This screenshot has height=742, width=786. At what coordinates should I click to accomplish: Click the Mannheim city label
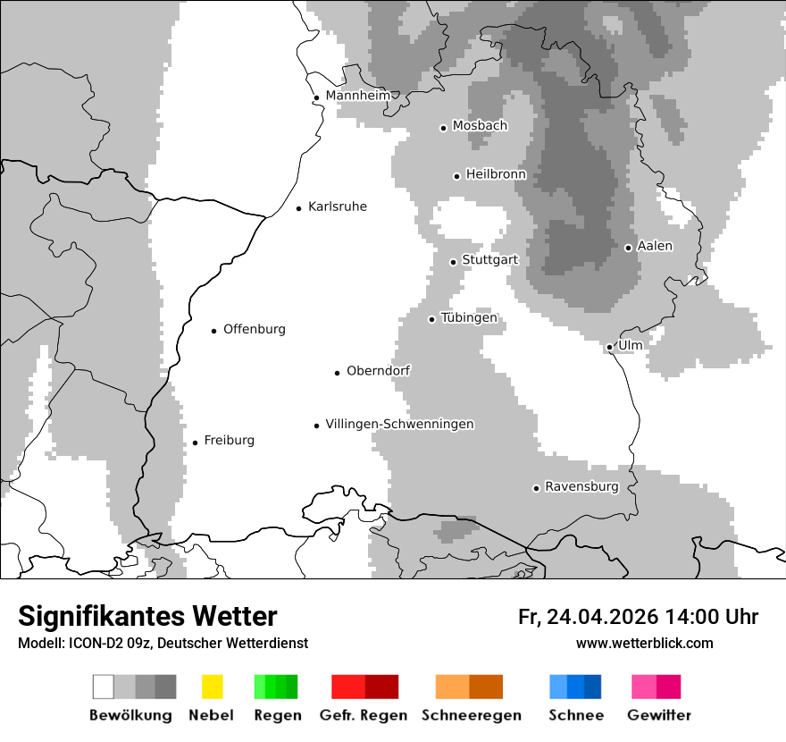[x=358, y=96]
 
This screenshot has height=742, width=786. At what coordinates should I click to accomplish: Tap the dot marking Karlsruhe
[x=299, y=208]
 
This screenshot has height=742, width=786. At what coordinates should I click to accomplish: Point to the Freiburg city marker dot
[x=195, y=443]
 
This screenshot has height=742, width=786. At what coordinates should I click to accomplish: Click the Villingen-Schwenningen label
[x=399, y=425]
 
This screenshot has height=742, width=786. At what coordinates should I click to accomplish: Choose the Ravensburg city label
[x=581, y=487]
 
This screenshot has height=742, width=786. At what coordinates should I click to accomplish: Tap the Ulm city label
[x=630, y=345]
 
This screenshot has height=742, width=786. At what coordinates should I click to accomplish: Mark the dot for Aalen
[x=628, y=248]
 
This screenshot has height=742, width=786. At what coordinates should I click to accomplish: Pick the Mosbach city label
[x=480, y=126]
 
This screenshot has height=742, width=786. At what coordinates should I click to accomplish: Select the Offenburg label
[x=255, y=329]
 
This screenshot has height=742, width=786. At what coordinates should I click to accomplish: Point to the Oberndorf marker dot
[x=337, y=373]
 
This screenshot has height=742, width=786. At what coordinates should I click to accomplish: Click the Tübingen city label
[x=469, y=318]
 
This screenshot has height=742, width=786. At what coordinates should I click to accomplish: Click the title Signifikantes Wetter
[x=147, y=616]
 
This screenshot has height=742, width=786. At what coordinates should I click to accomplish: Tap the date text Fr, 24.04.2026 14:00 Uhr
[x=638, y=617]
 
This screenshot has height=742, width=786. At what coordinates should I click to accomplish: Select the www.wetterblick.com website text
[x=644, y=643]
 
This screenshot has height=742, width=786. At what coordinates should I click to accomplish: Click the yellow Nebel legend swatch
[x=212, y=687]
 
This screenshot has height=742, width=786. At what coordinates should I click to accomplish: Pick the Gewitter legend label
[x=658, y=715]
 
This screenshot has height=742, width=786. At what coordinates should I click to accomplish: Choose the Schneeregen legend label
[x=471, y=715]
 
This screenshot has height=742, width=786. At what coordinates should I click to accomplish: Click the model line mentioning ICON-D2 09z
[x=163, y=644]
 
